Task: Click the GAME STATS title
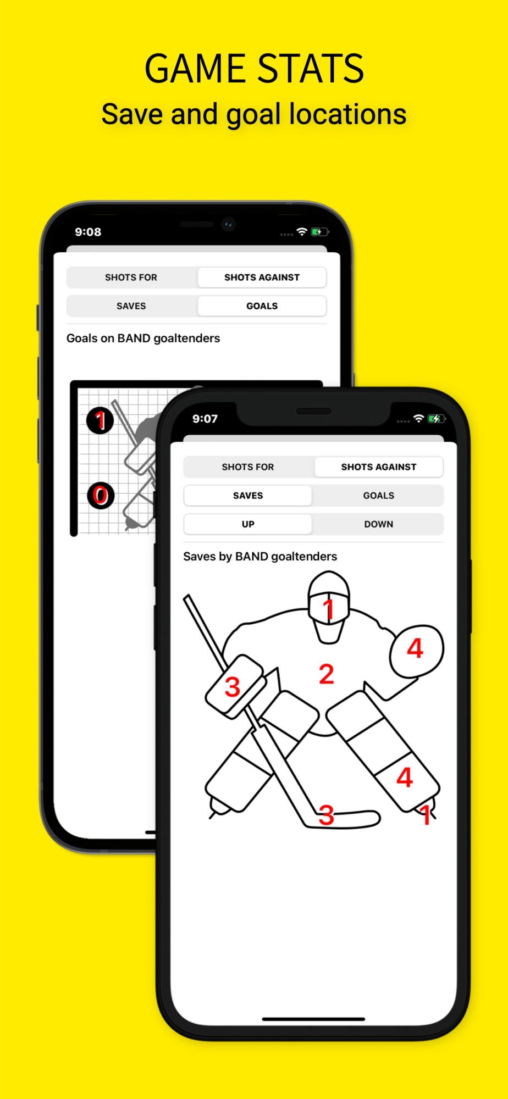[x=254, y=69]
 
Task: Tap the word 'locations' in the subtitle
[x=347, y=114]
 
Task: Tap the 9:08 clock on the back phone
[x=88, y=232]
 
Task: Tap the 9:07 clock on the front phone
[x=205, y=419]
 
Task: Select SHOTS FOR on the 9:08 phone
[x=131, y=277]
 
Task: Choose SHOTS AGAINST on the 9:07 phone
[x=379, y=467]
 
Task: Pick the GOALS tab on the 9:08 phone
[x=262, y=306]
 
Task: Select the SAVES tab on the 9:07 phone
[x=248, y=496]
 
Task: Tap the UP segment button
[x=248, y=524]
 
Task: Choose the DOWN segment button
[x=379, y=524]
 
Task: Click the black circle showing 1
[x=100, y=421]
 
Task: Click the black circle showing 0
[x=101, y=496]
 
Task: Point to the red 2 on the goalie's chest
[x=327, y=674]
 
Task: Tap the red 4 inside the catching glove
[x=415, y=648]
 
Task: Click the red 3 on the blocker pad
[x=233, y=687]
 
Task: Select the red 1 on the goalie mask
[x=329, y=609]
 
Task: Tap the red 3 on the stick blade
[x=327, y=815]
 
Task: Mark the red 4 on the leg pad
[x=405, y=778]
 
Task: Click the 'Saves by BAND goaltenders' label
[x=260, y=557]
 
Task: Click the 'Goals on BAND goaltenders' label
[x=143, y=338]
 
